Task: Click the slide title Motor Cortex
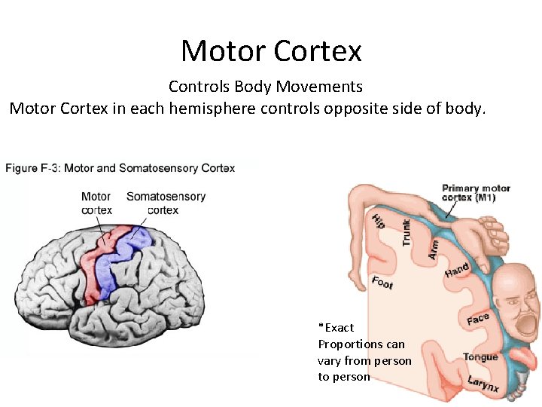[271, 50]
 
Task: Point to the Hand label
[456, 270]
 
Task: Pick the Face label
[477, 319]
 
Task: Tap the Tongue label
[480, 357]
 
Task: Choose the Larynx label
[483, 384]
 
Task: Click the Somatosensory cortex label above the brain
[165, 203]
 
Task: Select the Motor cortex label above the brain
[96, 203]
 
